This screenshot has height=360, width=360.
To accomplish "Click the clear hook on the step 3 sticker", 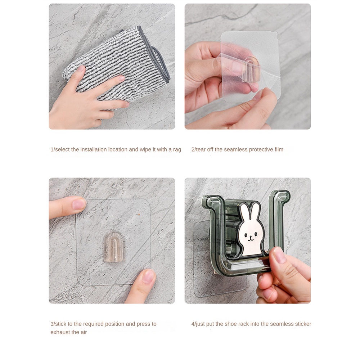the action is (x=114, y=247).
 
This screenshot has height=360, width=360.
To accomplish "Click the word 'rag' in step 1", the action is (x=177, y=150).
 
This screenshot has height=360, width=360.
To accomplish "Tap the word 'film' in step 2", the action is (x=279, y=149).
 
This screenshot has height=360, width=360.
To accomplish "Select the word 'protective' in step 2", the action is (x=261, y=149).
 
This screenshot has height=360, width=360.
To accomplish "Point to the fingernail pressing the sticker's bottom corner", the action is (x=148, y=276).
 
